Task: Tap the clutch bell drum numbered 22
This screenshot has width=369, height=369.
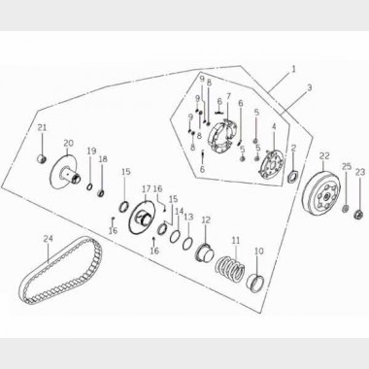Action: click(x=322, y=194)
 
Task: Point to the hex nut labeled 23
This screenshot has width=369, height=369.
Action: click(x=358, y=214)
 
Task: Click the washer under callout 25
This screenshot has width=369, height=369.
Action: click(x=346, y=208)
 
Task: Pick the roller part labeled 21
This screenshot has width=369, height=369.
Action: click(x=42, y=159)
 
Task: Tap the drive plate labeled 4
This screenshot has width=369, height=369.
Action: click(x=272, y=164)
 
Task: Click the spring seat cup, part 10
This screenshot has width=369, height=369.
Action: click(x=255, y=283)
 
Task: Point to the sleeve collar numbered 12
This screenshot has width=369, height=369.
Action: click(x=205, y=252)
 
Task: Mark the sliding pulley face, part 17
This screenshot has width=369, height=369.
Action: click(x=143, y=217)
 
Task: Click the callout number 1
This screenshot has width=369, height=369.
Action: click(x=293, y=69)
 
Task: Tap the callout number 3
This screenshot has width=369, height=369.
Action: click(x=310, y=87)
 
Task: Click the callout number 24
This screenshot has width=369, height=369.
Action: click(x=48, y=239)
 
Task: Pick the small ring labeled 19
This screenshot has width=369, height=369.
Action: click(x=89, y=186)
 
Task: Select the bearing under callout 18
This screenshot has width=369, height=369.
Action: click(x=102, y=193)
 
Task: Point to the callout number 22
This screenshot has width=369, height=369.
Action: click(x=324, y=156)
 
